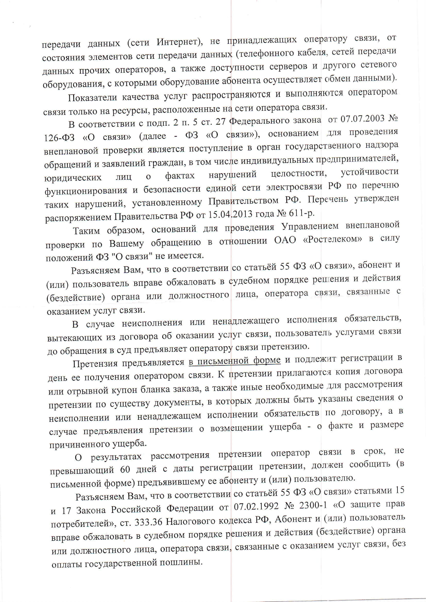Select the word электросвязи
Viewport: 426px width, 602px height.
(x=295, y=187)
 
